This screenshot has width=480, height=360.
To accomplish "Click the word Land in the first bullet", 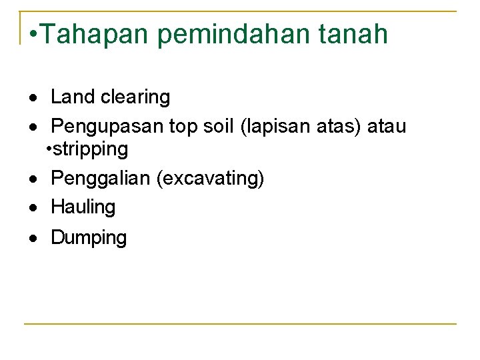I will tap(73, 97).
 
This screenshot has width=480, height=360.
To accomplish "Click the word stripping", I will tap(91, 149).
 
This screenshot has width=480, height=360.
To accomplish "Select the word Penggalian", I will tap(101, 179).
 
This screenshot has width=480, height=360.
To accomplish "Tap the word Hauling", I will tap(83, 207).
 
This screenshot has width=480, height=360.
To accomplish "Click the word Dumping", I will tap(89, 238).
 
